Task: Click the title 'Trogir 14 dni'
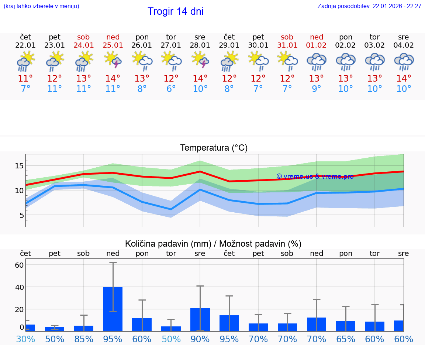pos(176,11)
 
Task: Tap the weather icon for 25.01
pos(113,60)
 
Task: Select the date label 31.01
pos(287,45)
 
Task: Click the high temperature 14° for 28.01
pos(200,79)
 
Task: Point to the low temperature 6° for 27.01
pos(171,89)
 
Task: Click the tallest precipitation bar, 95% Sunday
pos(113,309)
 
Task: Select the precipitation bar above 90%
pos(200,319)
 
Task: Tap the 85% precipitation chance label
pos(84,339)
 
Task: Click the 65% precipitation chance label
pos(346,339)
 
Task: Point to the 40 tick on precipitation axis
pos(19,287)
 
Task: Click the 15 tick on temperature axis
pos(19,166)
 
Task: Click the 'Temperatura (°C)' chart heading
pos(214,148)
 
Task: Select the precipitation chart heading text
pos(213,244)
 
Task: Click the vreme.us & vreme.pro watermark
pos(315,176)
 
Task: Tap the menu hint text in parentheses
pos(41,6)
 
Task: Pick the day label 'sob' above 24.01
pos(84,37)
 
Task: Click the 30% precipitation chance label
pos(25,339)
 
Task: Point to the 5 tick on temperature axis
pos(21,215)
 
